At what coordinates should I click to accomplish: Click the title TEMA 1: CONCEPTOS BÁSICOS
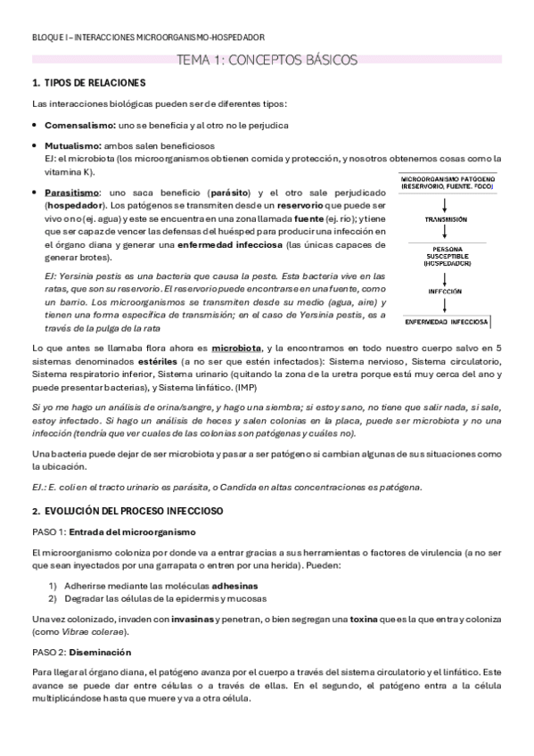click(x=267, y=60)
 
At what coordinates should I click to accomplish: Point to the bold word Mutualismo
click(x=73, y=145)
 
